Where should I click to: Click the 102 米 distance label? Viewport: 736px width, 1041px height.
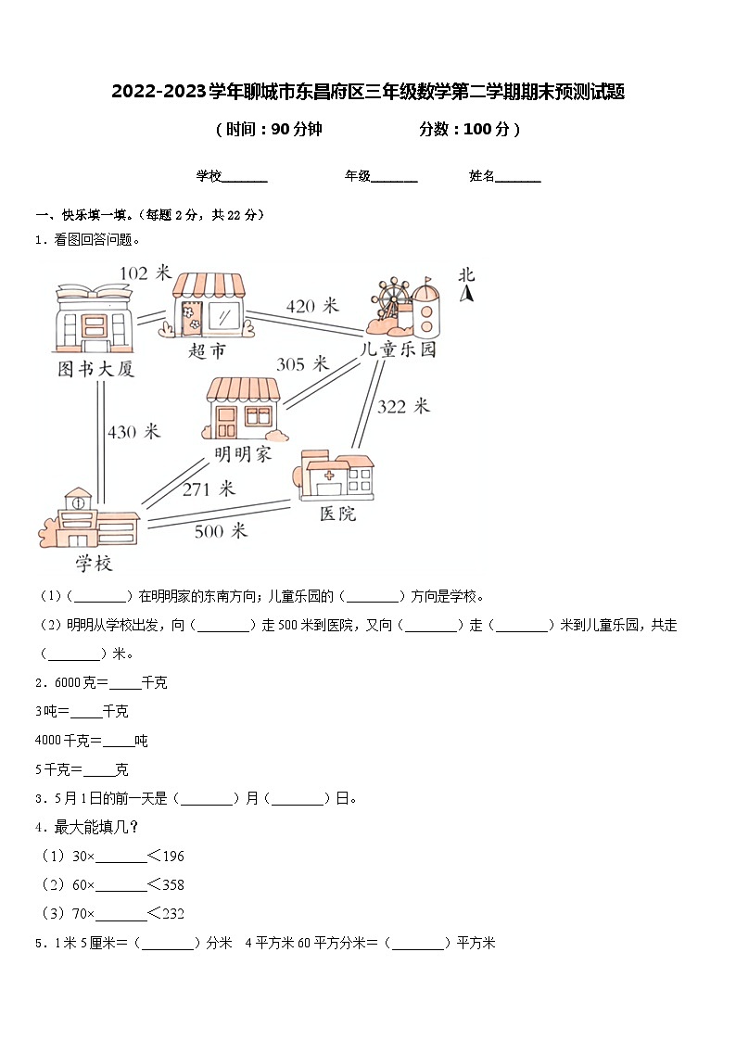(x=146, y=273)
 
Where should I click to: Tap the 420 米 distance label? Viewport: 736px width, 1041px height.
(x=312, y=306)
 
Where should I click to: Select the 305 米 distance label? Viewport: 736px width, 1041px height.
(x=302, y=364)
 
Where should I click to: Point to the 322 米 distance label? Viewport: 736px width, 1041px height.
(x=403, y=406)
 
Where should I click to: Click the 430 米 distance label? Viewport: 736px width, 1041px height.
(x=134, y=432)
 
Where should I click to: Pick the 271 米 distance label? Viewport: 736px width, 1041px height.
(x=209, y=489)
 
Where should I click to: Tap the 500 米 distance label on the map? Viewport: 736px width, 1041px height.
(x=221, y=531)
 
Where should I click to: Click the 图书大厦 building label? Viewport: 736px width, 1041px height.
(x=95, y=369)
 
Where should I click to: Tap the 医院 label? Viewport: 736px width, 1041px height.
(x=337, y=513)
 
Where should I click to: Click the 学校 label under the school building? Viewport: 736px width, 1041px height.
(x=94, y=563)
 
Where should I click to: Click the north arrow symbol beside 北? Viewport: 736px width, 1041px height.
(x=468, y=295)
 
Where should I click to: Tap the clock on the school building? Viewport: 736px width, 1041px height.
(x=78, y=503)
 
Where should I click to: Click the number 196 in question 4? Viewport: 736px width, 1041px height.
(x=171, y=856)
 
